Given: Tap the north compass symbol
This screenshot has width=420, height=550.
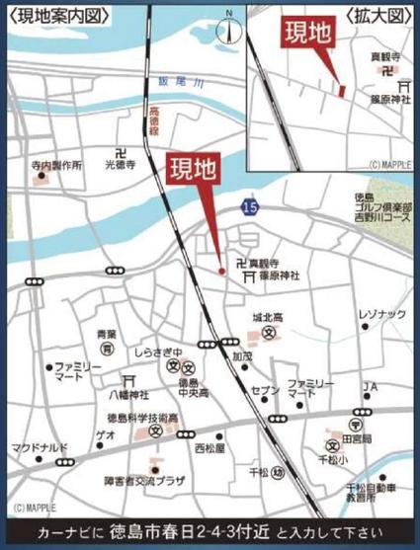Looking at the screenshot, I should click(229, 26).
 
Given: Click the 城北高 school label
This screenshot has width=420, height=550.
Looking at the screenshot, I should click(267, 319).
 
